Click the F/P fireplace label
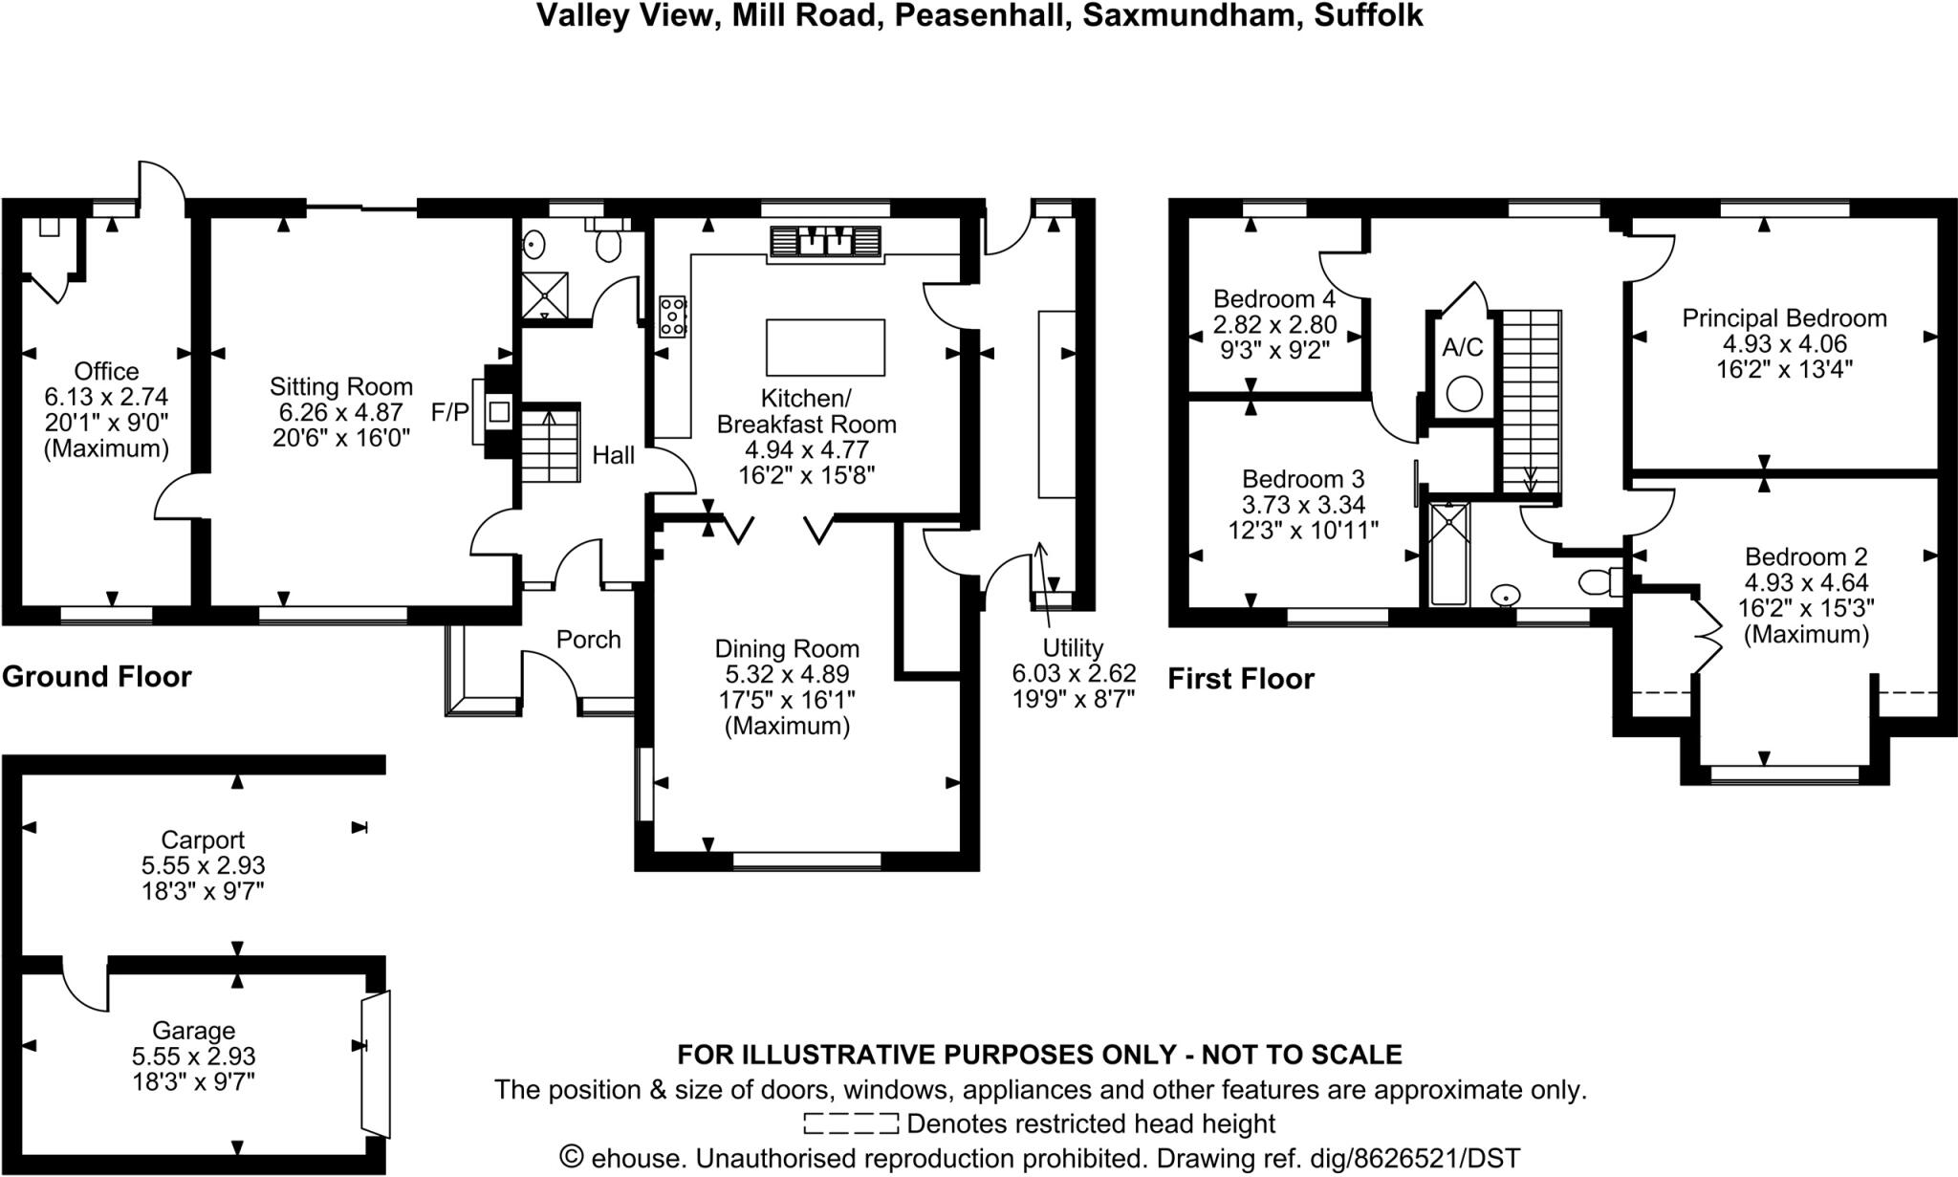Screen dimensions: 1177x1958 point(449,412)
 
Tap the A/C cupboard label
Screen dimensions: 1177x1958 point(1463,347)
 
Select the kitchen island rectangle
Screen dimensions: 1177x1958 point(825,347)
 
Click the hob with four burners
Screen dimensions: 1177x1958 point(672,316)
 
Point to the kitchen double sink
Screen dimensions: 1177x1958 point(825,241)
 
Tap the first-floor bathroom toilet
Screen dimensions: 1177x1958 point(1597,581)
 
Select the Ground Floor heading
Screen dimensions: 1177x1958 point(97,677)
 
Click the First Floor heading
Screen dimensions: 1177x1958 point(1240,679)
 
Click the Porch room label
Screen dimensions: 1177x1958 point(588,640)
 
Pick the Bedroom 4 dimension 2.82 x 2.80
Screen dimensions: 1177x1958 point(1274,324)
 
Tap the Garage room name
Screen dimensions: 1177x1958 point(193,1031)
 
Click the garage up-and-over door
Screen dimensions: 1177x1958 point(375,1062)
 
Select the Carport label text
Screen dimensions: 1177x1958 point(203,839)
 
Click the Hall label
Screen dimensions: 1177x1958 point(613,455)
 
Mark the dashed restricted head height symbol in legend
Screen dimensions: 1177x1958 point(850,1123)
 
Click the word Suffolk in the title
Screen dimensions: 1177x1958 point(1368,15)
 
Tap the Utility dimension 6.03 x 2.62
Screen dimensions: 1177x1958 point(1074,673)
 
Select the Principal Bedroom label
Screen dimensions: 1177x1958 point(1784,318)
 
